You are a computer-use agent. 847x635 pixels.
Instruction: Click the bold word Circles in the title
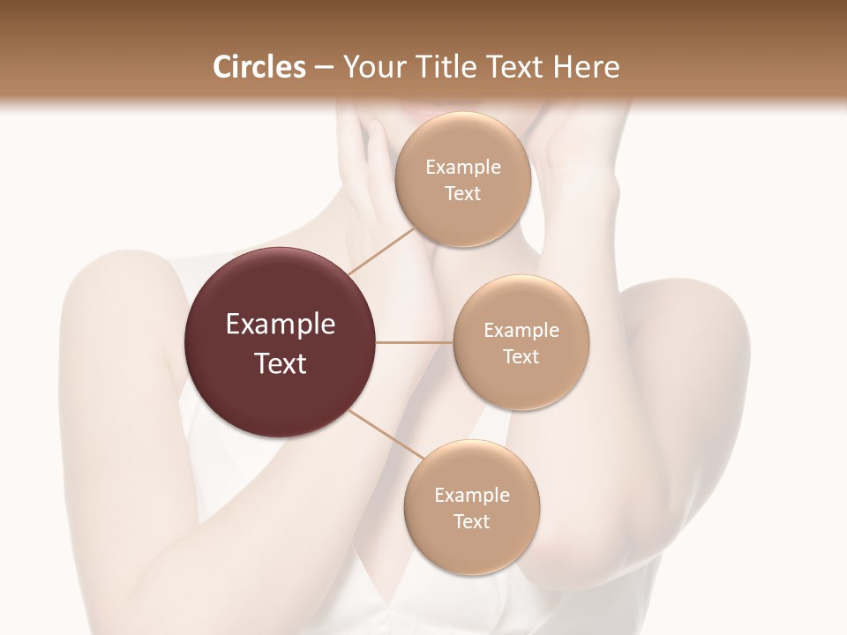(x=259, y=67)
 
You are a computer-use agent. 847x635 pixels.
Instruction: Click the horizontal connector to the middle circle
(x=415, y=342)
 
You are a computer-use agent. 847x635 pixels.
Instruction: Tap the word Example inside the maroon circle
(x=281, y=325)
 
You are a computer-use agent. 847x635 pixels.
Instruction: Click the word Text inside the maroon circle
(x=281, y=363)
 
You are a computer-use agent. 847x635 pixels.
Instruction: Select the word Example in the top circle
(x=463, y=168)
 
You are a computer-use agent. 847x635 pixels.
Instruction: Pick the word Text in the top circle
(x=462, y=194)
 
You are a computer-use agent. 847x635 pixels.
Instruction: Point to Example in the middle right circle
(x=521, y=331)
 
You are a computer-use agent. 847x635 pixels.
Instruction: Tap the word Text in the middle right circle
(x=521, y=357)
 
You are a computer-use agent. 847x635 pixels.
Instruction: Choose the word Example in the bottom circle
(x=472, y=496)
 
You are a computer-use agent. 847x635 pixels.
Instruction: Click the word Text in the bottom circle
(x=472, y=522)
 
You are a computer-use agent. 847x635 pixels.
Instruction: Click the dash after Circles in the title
(x=323, y=68)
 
